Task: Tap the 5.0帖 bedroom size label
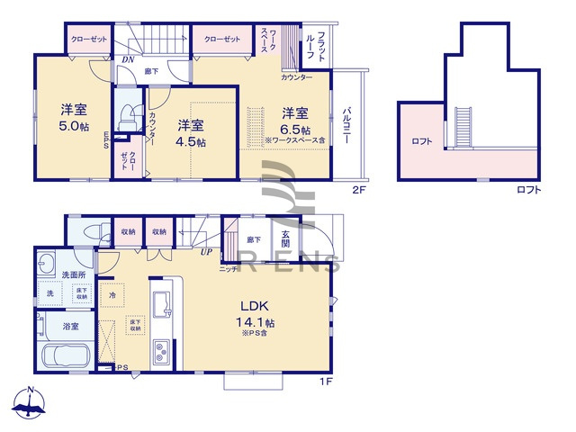click(x=74, y=127)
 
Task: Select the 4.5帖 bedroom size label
click(x=190, y=141)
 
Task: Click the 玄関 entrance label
click(x=284, y=238)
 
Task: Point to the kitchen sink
click(x=163, y=305)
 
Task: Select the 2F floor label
click(x=359, y=191)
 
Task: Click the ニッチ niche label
click(x=228, y=268)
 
